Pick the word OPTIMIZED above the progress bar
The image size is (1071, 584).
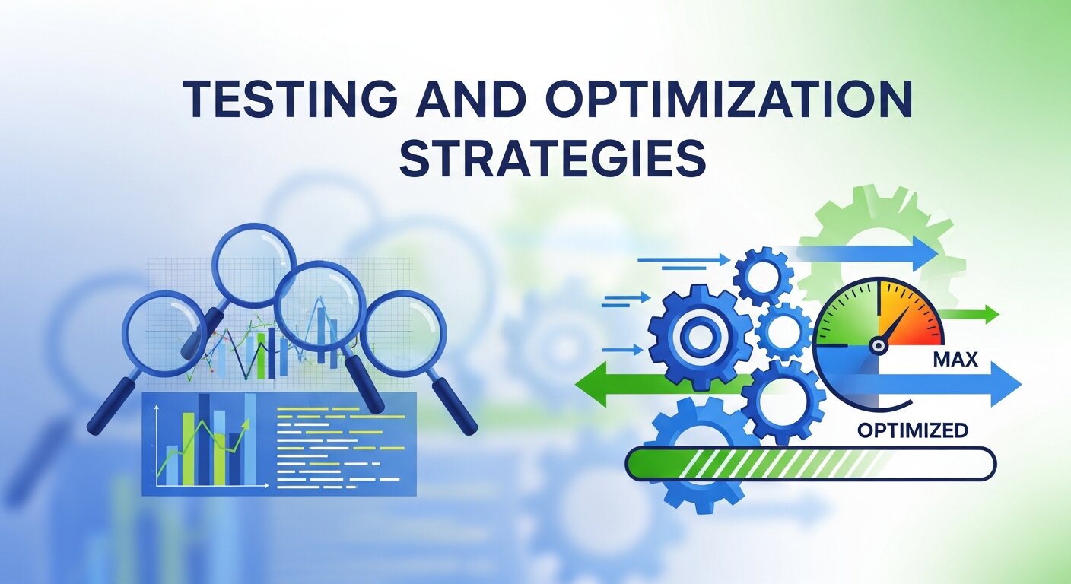912,430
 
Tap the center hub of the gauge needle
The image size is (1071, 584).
879,345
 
